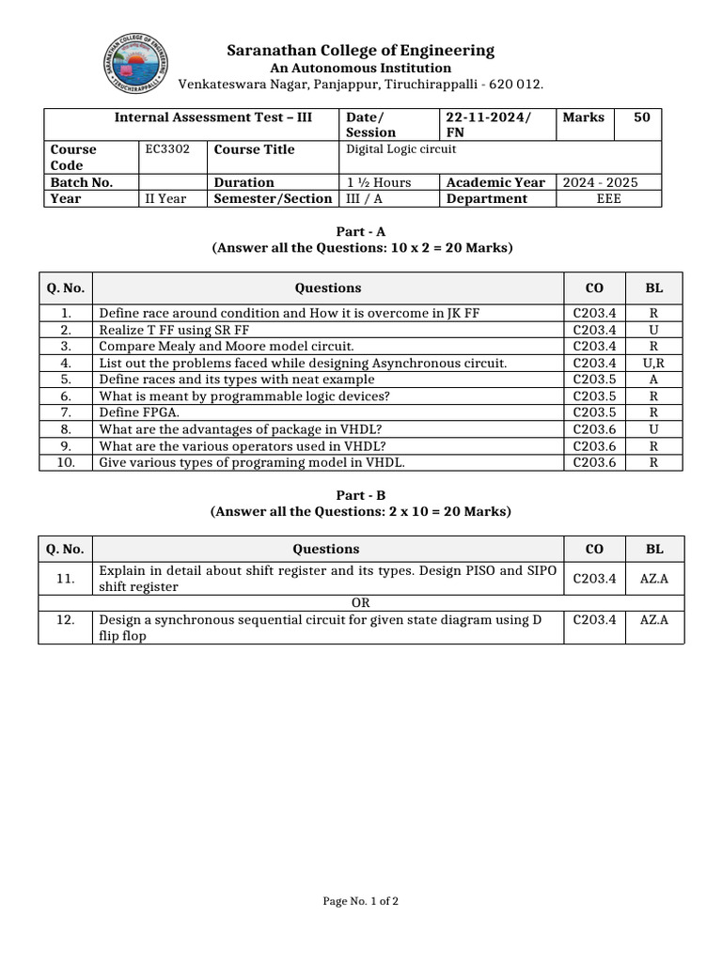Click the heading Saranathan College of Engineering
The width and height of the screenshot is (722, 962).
pyautogui.click(x=360, y=51)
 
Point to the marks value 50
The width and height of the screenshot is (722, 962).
pyautogui.click(x=641, y=117)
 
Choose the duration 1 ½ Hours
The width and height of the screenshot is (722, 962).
pyautogui.click(x=379, y=182)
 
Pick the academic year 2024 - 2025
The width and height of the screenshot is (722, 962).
pyautogui.click(x=600, y=182)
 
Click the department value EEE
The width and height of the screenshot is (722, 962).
pyautogui.click(x=608, y=198)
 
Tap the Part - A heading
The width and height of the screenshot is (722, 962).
pyautogui.click(x=361, y=231)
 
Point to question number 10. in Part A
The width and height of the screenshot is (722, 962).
pyautogui.click(x=66, y=462)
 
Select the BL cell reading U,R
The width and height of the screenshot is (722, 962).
pyautogui.click(x=653, y=363)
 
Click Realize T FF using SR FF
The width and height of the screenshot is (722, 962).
pyautogui.click(x=174, y=330)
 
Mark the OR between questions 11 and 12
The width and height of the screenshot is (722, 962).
pyautogui.click(x=361, y=602)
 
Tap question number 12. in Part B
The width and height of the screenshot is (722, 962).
pyautogui.click(x=65, y=620)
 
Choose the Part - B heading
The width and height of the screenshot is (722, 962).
pyautogui.click(x=361, y=495)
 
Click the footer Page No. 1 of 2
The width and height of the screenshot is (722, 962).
pyautogui.click(x=361, y=902)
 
